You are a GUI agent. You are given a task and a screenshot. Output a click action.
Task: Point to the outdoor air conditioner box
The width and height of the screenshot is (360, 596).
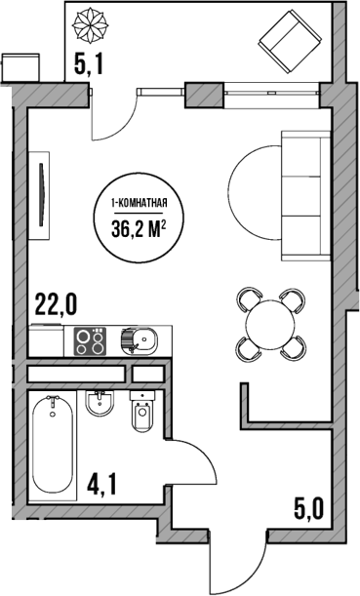[x=20, y=66]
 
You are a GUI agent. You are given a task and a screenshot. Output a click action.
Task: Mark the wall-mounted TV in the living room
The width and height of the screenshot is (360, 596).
[x=40, y=190]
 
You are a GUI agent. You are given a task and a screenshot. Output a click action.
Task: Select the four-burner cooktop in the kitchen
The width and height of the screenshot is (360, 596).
[x=91, y=341]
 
